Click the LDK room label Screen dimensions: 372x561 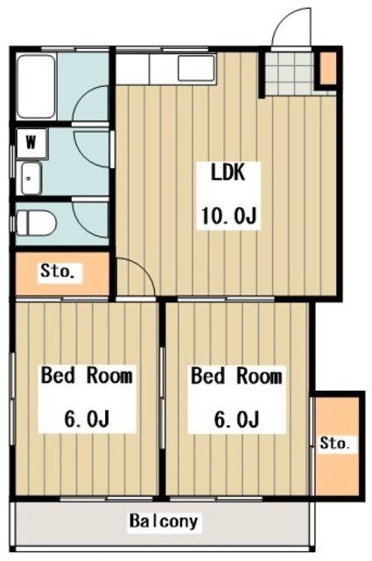tap(228, 172)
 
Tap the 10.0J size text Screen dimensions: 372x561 tap(229, 215)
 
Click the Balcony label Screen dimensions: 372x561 tap(164, 522)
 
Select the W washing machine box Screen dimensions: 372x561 tap(32, 144)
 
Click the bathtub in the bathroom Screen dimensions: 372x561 tap(36, 87)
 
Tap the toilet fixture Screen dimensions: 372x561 tap(36, 224)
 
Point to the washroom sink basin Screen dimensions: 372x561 tap(32, 178)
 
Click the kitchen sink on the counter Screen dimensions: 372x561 tap(196, 68)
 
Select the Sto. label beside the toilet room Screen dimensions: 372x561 tap(57, 271)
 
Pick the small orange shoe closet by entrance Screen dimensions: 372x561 tap(328, 68)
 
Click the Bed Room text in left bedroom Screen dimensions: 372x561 tap(87, 375)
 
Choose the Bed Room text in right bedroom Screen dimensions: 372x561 tap(236, 376)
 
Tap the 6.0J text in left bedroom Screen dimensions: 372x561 tap(87, 419)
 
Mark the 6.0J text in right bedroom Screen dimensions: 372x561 tap(236, 419)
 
